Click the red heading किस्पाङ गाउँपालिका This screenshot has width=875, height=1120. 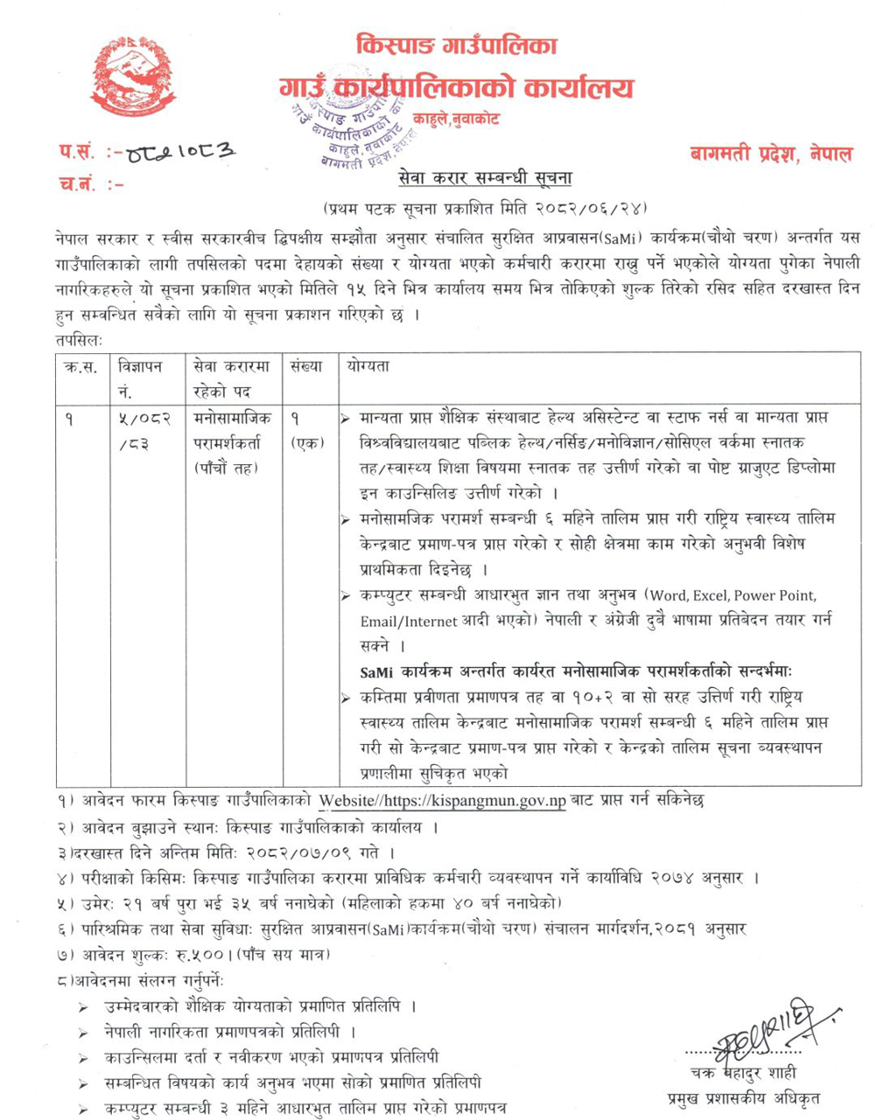coord(458,45)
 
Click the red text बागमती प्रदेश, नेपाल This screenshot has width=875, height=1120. coord(770,154)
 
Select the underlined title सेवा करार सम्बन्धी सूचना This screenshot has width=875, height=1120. coord(484,179)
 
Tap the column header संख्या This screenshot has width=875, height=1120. coord(306,367)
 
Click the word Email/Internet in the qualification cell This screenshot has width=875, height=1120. coord(409,622)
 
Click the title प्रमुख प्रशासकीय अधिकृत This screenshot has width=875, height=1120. coord(744,1098)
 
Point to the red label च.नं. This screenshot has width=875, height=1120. coord(79,184)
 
